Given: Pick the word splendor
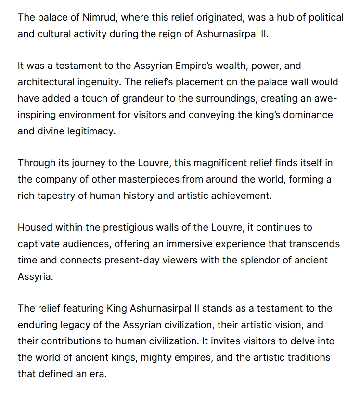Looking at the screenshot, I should pos(250,260).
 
